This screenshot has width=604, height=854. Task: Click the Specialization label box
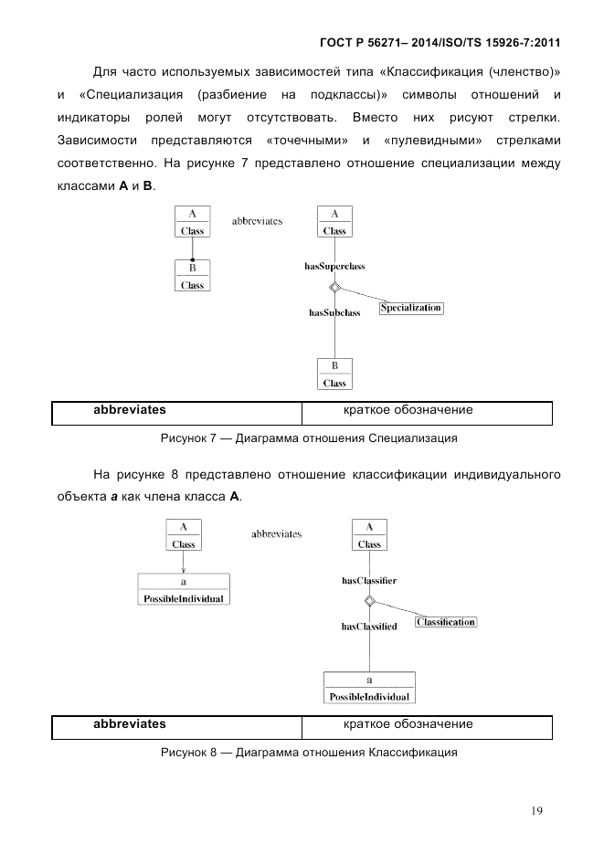(x=410, y=308)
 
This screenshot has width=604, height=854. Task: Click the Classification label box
(x=446, y=622)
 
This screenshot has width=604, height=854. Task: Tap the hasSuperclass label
(x=334, y=266)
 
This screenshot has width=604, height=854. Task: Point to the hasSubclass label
(x=334, y=312)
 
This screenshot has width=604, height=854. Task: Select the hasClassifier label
(x=368, y=580)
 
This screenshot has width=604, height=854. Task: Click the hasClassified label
(x=368, y=627)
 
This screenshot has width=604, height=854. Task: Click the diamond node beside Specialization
(x=335, y=289)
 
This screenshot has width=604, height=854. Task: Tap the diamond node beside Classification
(x=369, y=601)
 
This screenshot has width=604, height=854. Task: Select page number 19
(x=537, y=809)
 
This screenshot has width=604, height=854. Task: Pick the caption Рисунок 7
(x=309, y=438)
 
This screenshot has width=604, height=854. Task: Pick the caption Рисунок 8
(x=309, y=753)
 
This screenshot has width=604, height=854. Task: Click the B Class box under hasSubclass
(x=334, y=374)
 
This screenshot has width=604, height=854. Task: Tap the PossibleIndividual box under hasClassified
(x=369, y=688)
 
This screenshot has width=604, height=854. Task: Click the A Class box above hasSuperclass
(x=334, y=222)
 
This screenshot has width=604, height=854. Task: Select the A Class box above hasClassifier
(x=369, y=535)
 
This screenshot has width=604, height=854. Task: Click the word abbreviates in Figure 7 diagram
(x=257, y=221)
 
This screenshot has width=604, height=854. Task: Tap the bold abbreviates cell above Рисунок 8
(x=130, y=724)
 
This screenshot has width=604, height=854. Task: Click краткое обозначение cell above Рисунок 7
(x=408, y=410)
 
